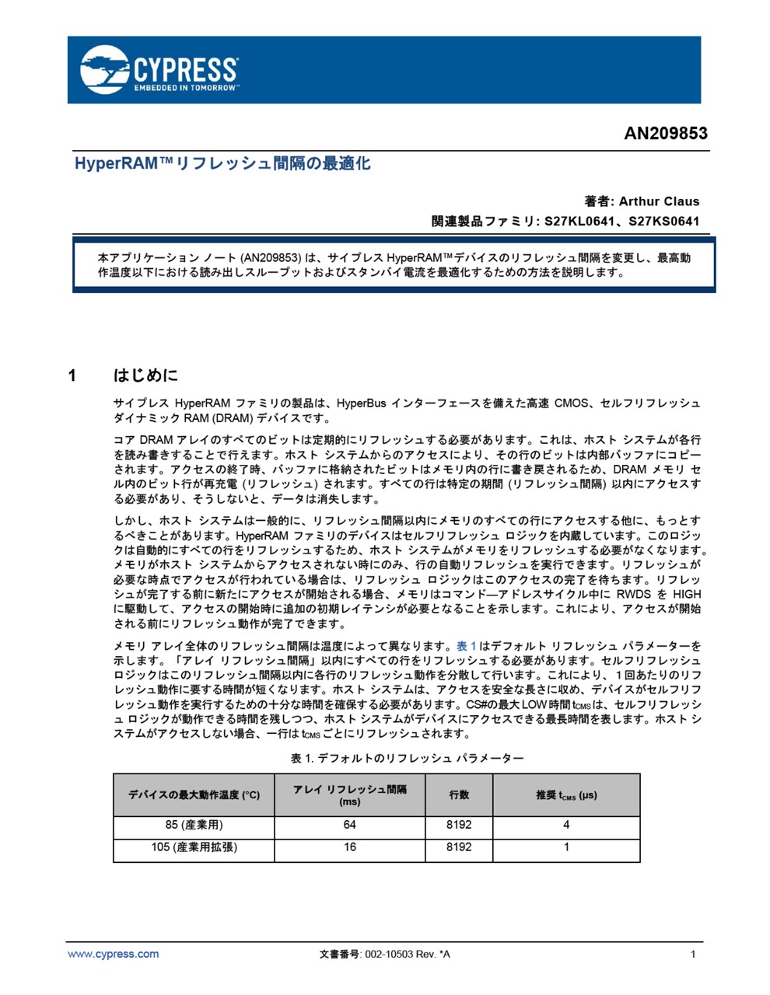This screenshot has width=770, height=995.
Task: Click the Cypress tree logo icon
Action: [105, 68]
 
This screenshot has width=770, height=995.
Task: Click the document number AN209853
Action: [666, 134]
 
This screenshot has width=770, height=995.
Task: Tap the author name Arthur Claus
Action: [659, 201]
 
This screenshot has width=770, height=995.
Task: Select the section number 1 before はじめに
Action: [72, 376]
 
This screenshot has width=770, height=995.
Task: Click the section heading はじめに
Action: [146, 376]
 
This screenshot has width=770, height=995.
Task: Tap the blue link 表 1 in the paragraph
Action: [466, 646]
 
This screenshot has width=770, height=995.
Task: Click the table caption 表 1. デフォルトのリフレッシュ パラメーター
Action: [408, 758]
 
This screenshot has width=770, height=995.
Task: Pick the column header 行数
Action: [459, 795]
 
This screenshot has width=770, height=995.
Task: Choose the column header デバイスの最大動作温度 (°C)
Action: [194, 795]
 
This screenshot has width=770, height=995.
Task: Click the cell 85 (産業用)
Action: [194, 826]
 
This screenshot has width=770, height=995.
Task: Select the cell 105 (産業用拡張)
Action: [194, 847]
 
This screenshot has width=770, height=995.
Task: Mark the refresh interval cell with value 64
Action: [350, 826]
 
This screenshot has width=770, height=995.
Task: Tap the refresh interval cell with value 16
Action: [350, 847]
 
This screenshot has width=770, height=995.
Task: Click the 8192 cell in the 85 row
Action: [459, 826]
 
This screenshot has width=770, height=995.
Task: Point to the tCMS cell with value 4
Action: [566, 826]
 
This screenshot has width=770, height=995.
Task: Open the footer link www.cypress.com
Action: [114, 955]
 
